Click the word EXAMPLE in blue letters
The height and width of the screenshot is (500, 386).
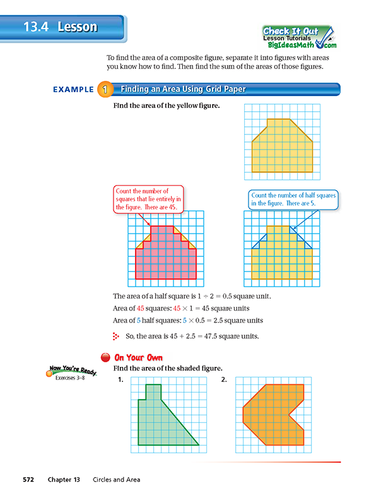click(73, 90)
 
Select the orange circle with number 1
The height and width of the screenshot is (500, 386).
click(104, 90)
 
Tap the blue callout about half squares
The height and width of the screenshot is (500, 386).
click(293, 199)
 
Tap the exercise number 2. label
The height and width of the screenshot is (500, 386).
click(224, 380)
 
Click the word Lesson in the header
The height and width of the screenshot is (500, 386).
click(77, 27)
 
